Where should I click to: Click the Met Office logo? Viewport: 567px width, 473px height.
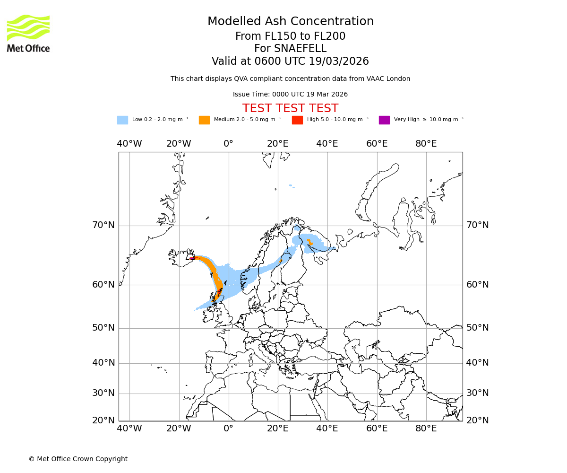pyautogui.click(x=28, y=33)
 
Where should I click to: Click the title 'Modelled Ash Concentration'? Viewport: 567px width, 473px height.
pyautogui.click(x=290, y=22)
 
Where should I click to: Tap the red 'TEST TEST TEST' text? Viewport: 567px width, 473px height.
pyautogui.click(x=290, y=108)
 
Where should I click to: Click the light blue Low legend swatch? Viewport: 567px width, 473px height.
pyautogui.click(x=122, y=120)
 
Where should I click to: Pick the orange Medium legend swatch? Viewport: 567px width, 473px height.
pyautogui.click(x=204, y=120)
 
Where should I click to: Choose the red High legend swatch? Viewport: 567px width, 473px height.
pyautogui.click(x=297, y=120)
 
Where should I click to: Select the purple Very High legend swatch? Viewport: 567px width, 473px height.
pyautogui.click(x=384, y=120)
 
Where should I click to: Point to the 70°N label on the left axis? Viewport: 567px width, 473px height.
pyautogui.click(x=103, y=225)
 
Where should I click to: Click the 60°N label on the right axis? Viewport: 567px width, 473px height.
pyautogui.click(x=478, y=285)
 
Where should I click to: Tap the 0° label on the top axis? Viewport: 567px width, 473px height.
pyautogui.click(x=229, y=144)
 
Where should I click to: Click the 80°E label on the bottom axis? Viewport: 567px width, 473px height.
pyautogui.click(x=426, y=429)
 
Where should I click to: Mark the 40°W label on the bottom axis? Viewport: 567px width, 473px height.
pyautogui.click(x=129, y=429)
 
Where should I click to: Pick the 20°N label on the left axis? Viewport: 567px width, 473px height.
pyautogui.click(x=103, y=420)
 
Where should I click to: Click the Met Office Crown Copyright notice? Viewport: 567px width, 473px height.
pyautogui.click(x=78, y=459)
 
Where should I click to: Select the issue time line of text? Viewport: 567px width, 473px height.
pyautogui.click(x=290, y=94)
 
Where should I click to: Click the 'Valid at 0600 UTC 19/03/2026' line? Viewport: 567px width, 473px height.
pyautogui.click(x=290, y=61)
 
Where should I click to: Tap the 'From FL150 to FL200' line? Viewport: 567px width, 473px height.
pyautogui.click(x=290, y=36)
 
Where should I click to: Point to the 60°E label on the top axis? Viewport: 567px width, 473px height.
pyautogui.click(x=377, y=144)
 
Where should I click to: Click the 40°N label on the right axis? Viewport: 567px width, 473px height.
pyautogui.click(x=478, y=363)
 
